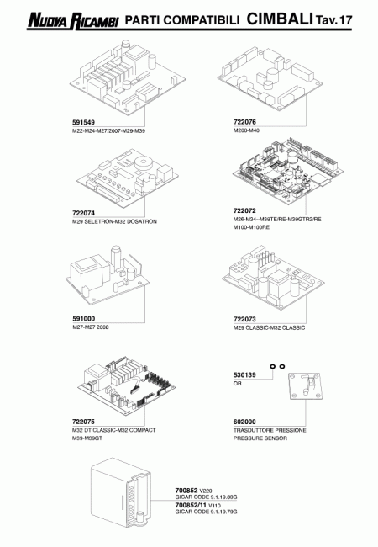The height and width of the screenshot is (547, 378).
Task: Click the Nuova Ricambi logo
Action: click(x=73, y=21)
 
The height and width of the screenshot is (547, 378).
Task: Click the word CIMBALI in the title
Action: click(x=280, y=19)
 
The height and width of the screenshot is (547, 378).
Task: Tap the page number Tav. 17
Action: click(x=334, y=20)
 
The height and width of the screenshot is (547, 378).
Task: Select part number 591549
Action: click(x=83, y=123)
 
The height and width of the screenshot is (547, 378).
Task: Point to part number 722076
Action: click(x=244, y=122)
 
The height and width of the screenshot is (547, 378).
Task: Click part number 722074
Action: click(x=83, y=213)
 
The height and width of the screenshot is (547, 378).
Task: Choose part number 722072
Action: click(x=244, y=210)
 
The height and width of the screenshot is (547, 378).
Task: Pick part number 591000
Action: click(x=83, y=319)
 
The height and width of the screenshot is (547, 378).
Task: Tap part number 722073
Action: click(x=244, y=319)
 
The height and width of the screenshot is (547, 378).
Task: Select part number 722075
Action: click(x=83, y=422)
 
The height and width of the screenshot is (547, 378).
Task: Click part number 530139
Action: click(x=244, y=375)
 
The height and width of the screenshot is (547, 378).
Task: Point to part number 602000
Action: click(x=244, y=422)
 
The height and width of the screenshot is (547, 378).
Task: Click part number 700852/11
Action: click(x=191, y=505)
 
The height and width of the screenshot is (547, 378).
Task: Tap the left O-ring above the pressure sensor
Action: click(x=272, y=366)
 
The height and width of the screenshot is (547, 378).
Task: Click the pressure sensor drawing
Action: click(x=305, y=385)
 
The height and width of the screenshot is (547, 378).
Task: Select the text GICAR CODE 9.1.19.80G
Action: click(x=206, y=497)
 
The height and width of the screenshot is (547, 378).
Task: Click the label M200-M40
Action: click(x=246, y=130)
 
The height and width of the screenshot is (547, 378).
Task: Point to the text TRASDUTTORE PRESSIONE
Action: click(x=270, y=430)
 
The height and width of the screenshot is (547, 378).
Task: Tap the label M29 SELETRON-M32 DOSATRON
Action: click(x=114, y=221)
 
